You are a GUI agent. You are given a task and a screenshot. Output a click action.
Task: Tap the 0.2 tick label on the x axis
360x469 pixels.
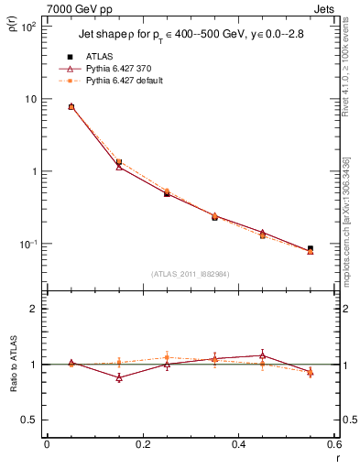click(x=142, y=446)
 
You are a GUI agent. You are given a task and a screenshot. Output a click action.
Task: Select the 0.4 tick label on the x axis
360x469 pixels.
click(x=237, y=446)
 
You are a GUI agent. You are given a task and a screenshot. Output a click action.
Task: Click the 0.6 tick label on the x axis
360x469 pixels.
click(x=333, y=446)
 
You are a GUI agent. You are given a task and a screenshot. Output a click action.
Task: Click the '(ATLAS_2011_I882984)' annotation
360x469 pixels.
click(x=190, y=272)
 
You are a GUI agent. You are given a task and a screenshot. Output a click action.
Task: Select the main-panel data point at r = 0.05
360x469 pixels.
click(x=71, y=107)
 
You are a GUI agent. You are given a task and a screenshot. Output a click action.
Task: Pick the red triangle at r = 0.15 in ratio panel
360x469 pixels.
click(x=119, y=377)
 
